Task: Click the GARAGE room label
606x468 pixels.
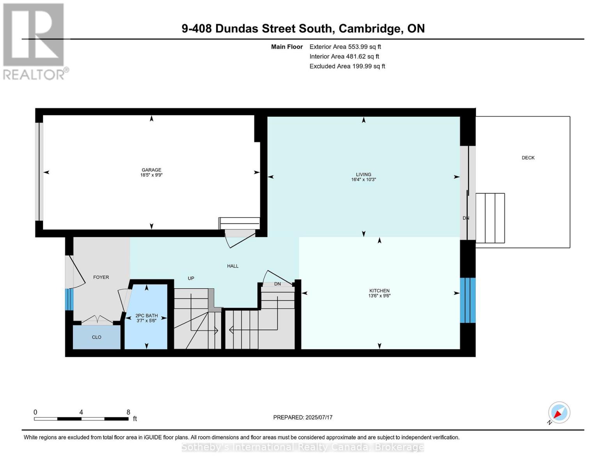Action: click(151, 170)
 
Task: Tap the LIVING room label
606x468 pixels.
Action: click(363, 174)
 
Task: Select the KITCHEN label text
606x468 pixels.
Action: click(379, 291)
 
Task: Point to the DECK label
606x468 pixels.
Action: click(528, 158)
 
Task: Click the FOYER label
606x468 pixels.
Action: click(101, 277)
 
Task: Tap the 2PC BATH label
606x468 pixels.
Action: click(146, 316)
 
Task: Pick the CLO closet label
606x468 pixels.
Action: click(96, 337)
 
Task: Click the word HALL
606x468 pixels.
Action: click(233, 266)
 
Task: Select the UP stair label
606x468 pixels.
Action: click(191, 278)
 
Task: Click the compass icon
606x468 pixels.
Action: click(559, 413)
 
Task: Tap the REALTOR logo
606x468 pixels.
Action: click(34, 41)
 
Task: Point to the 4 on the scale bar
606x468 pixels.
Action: click(81, 412)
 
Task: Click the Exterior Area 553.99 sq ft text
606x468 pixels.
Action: click(345, 46)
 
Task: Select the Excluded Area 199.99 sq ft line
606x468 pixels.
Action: click(347, 66)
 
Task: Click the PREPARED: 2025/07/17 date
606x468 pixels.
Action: click(303, 417)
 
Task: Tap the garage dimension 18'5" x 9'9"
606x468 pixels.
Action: click(151, 175)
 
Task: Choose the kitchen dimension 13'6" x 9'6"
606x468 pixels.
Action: click(379, 296)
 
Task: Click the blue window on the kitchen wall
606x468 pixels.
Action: click(467, 300)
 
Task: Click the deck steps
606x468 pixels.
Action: click(490, 218)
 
